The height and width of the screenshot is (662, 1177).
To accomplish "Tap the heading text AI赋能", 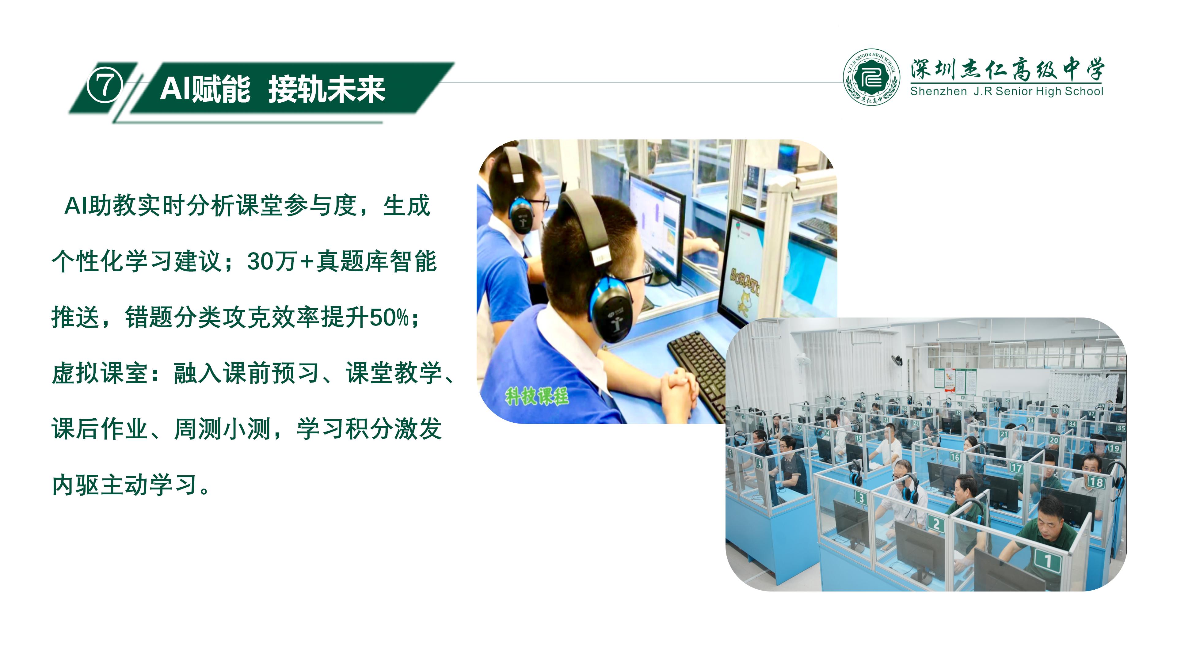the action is coord(205,89).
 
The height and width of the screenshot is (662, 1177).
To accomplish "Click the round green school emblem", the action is coord(871,77).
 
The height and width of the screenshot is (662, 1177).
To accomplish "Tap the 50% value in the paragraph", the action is coord(389,318).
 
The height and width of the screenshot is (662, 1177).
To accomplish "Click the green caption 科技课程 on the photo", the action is coord(537,396).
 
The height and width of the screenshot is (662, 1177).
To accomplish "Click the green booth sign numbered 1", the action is coord(1047,561).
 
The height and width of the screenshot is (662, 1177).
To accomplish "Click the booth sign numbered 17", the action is coord(1016,467).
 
